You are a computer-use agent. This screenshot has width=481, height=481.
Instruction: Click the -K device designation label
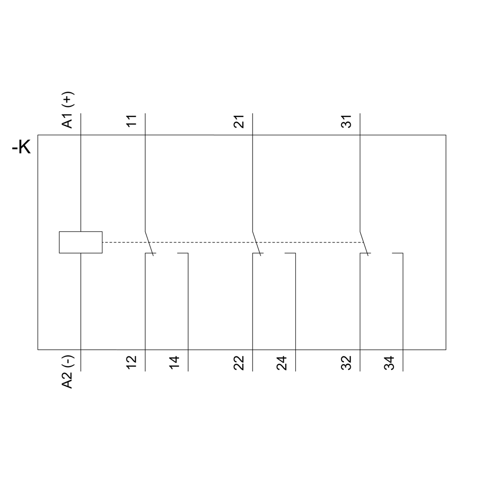pyautogui.click(x=21, y=147)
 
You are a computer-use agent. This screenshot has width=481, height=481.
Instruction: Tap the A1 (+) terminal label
pyautogui.click(x=67, y=110)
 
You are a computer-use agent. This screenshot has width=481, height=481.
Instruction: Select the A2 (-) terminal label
pyautogui.click(x=67, y=372)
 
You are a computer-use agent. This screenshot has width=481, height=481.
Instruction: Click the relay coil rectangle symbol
pyautogui.click(x=81, y=242)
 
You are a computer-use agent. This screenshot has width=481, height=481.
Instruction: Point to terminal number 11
pyautogui.click(x=131, y=121)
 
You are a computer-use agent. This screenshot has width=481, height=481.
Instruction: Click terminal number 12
pyautogui.click(x=131, y=363)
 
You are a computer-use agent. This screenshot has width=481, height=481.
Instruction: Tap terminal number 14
pyautogui.click(x=174, y=363)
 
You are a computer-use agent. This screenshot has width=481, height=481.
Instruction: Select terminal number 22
pyautogui.click(x=239, y=363)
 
